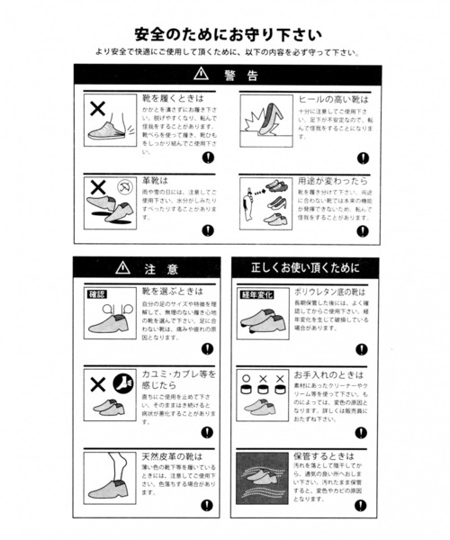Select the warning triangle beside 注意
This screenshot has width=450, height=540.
[123, 268]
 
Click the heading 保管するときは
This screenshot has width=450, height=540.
[324, 457]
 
